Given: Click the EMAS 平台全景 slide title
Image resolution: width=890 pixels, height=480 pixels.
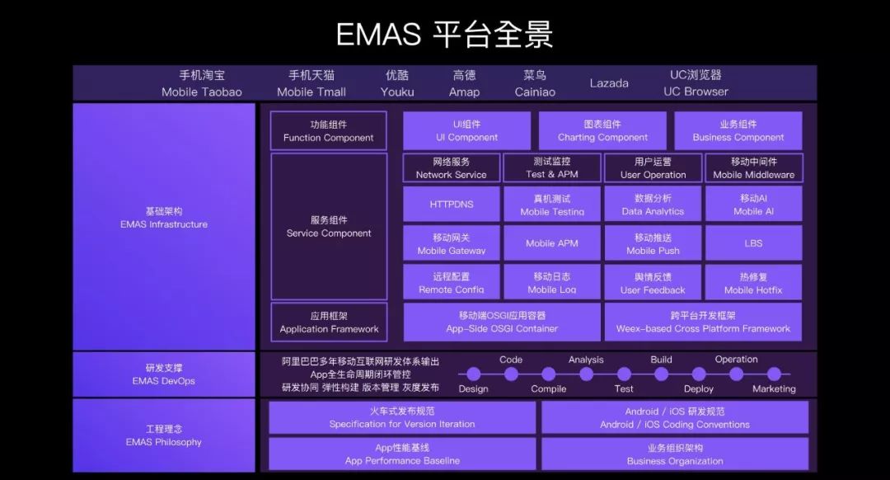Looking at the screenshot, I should (444, 35).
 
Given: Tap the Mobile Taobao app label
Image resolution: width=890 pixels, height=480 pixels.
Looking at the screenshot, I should (202, 83).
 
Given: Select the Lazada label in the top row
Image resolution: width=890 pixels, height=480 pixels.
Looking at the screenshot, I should (609, 83).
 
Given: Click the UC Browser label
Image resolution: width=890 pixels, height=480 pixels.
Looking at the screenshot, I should (696, 83).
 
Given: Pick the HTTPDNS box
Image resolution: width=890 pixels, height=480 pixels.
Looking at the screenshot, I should (452, 204).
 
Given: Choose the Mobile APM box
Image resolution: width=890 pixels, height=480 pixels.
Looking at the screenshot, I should (552, 243).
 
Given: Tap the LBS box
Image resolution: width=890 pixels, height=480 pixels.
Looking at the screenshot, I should (753, 243).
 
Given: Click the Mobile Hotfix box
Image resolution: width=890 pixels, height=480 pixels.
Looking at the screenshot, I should (753, 283).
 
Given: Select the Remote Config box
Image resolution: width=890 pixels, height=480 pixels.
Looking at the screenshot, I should (452, 283).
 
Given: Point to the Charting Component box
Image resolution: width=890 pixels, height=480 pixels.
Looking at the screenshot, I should (602, 131).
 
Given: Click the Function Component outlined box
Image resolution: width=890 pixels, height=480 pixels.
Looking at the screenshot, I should (329, 131).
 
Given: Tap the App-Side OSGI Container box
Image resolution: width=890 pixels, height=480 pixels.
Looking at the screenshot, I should (502, 322).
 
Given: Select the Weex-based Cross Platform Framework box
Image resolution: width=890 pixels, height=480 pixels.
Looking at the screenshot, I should (703, 322).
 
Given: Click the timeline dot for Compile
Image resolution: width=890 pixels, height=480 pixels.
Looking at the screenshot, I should (549, 374).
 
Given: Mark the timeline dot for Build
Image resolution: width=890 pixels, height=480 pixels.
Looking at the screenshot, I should (661, 374).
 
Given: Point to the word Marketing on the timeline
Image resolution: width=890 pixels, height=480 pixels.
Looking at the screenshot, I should (774, 388).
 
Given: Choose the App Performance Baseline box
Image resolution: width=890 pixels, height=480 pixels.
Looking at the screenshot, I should (402, 454).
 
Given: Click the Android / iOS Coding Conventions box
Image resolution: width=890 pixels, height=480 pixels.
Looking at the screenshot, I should (675, 418).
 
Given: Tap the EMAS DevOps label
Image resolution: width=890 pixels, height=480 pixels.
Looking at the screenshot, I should (164, 374).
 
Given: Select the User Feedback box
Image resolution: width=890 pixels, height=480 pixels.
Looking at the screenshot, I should (653, 283).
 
